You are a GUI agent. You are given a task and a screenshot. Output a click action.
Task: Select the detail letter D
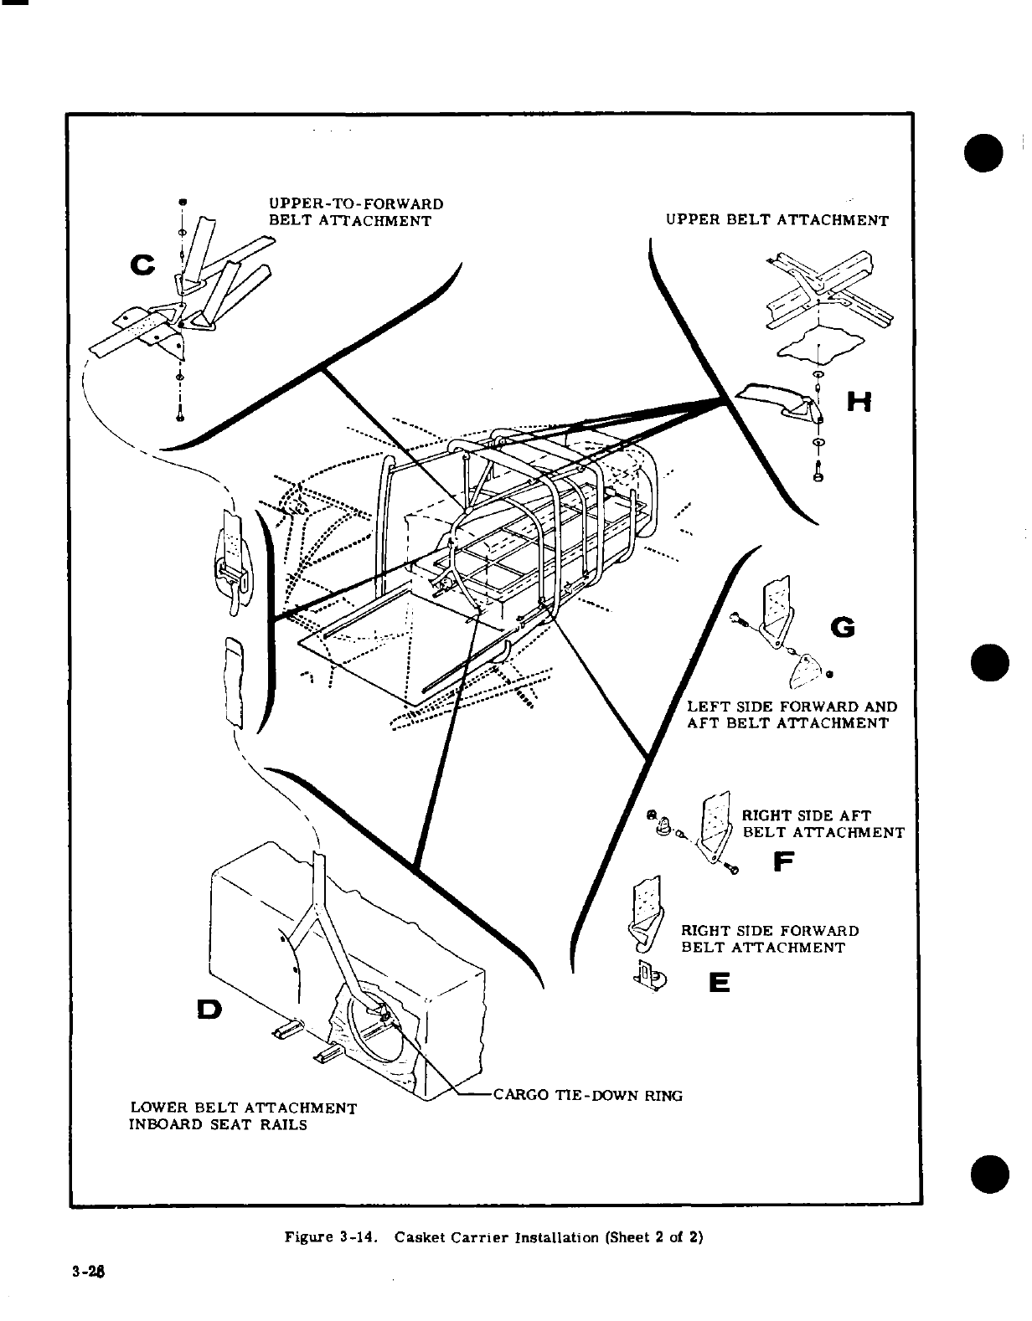pyautogui.click(x=209, y=1010)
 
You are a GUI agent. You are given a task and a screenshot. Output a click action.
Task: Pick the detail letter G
pyautogui.click(x=843, y=627)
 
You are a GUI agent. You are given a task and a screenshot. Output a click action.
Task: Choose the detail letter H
pyautogui.click(x=859, y=403)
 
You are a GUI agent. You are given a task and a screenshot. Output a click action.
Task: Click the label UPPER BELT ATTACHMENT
pyautogui.click(x=777, y=221)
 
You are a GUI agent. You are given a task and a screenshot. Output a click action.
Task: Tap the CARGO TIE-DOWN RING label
pyautogui.click(x=587, y=1095)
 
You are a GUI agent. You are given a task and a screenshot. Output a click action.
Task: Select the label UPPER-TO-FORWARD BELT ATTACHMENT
pyautogui.click(x=355, y=213)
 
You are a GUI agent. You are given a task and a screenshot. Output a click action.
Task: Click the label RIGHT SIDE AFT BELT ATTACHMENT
pyautogui.click(x=823, y=824)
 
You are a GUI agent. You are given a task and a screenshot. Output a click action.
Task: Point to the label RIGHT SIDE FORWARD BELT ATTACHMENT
pyautogui.click(x=770, y=939)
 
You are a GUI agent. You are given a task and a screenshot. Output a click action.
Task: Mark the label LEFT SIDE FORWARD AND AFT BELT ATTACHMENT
pyautogui.click(x=792, y=714)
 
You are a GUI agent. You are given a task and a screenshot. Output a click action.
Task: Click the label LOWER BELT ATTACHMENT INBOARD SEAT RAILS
pyautogui.click(x=242, y=1117)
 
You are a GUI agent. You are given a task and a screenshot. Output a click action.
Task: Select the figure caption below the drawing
pyautogui.click(x=493, y=1236)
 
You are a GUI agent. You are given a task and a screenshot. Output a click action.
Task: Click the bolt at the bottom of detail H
pyautogui.click(x=818, y=475)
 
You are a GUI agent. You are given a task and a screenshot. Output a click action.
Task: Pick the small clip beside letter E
pyautogui.click(x=649, y=975)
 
